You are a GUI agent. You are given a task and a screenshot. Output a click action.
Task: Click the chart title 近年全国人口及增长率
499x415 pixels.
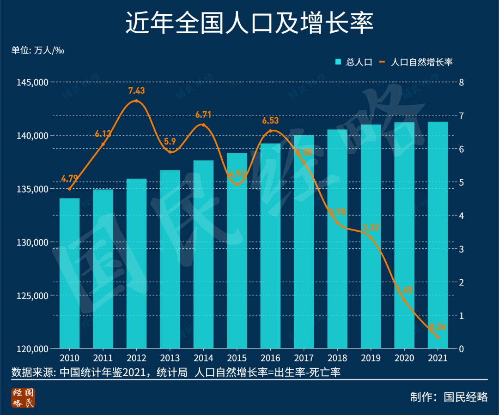[249, 23]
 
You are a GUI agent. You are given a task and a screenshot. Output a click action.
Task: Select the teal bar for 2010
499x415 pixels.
[69, 273]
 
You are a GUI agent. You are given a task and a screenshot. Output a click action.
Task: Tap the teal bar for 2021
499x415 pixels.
[438, 235]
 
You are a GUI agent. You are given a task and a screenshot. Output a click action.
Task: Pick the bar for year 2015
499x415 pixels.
[237, 251]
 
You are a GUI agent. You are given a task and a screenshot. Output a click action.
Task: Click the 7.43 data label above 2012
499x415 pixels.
[136, 90]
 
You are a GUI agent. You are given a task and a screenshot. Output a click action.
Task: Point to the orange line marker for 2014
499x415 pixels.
[203, 126]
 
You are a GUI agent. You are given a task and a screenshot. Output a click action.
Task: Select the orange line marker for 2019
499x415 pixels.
[371, 237]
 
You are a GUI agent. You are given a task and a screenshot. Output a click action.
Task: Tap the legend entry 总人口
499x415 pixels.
[354, 62]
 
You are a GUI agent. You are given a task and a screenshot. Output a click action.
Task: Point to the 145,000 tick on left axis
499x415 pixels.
[32, 82]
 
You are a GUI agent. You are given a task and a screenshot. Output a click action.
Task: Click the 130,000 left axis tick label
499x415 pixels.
[32, 242]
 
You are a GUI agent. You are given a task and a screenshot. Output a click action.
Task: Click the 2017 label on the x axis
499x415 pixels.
[304, 358]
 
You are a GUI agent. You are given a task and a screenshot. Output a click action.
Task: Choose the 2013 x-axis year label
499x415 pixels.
[170, 358]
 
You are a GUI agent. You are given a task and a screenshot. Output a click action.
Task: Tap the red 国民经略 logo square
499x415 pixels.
[24, 397]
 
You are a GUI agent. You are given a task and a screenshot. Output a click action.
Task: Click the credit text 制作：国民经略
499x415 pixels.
[449, 397]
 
